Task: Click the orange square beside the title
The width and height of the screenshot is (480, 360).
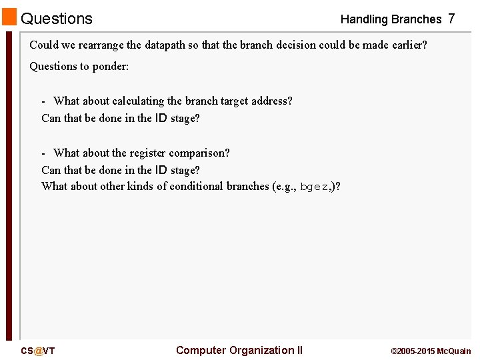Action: (x=9, y=17)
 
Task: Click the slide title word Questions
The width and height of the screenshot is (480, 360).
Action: (x=57, y=19)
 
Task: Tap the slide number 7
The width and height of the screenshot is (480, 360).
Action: (x=451, y=19)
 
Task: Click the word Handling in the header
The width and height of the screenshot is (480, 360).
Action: (x=364, y=19)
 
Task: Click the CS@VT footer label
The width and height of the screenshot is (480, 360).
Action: (x=38, y=351)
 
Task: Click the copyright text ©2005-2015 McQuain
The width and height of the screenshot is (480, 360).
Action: (x=431, y=351)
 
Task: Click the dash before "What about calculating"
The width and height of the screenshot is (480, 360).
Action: (x=44, y=101)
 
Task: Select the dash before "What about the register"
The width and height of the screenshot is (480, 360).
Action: (x=44, y=153)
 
